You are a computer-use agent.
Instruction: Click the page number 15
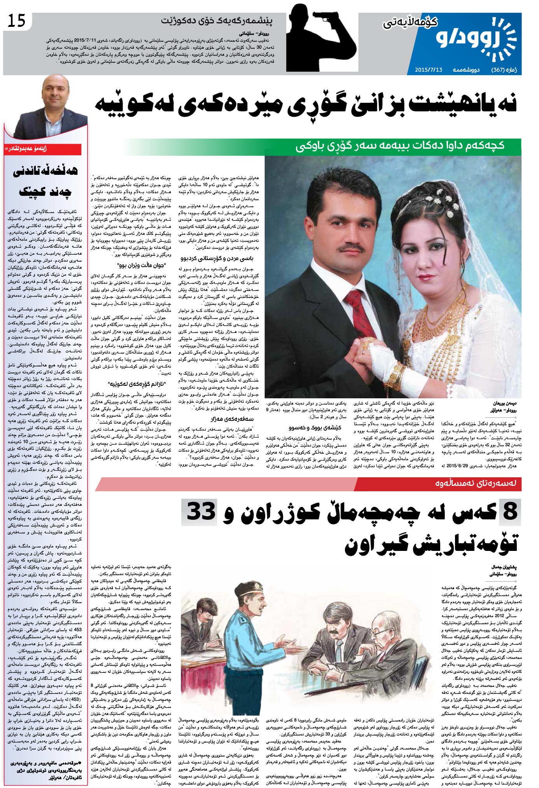tap(16, 20)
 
